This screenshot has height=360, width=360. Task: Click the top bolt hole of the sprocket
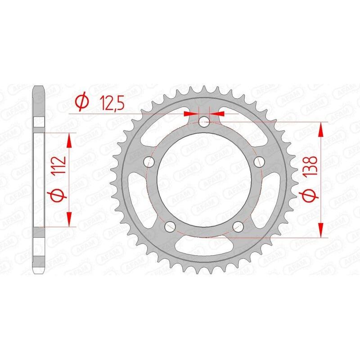[204, 120]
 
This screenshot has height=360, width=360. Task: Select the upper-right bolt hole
[260, 161]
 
